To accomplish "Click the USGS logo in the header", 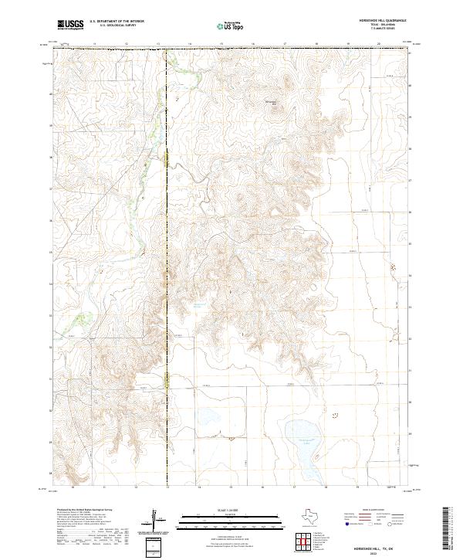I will click(x=71, y=25).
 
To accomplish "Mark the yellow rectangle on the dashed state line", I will click(x=166, y=158).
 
